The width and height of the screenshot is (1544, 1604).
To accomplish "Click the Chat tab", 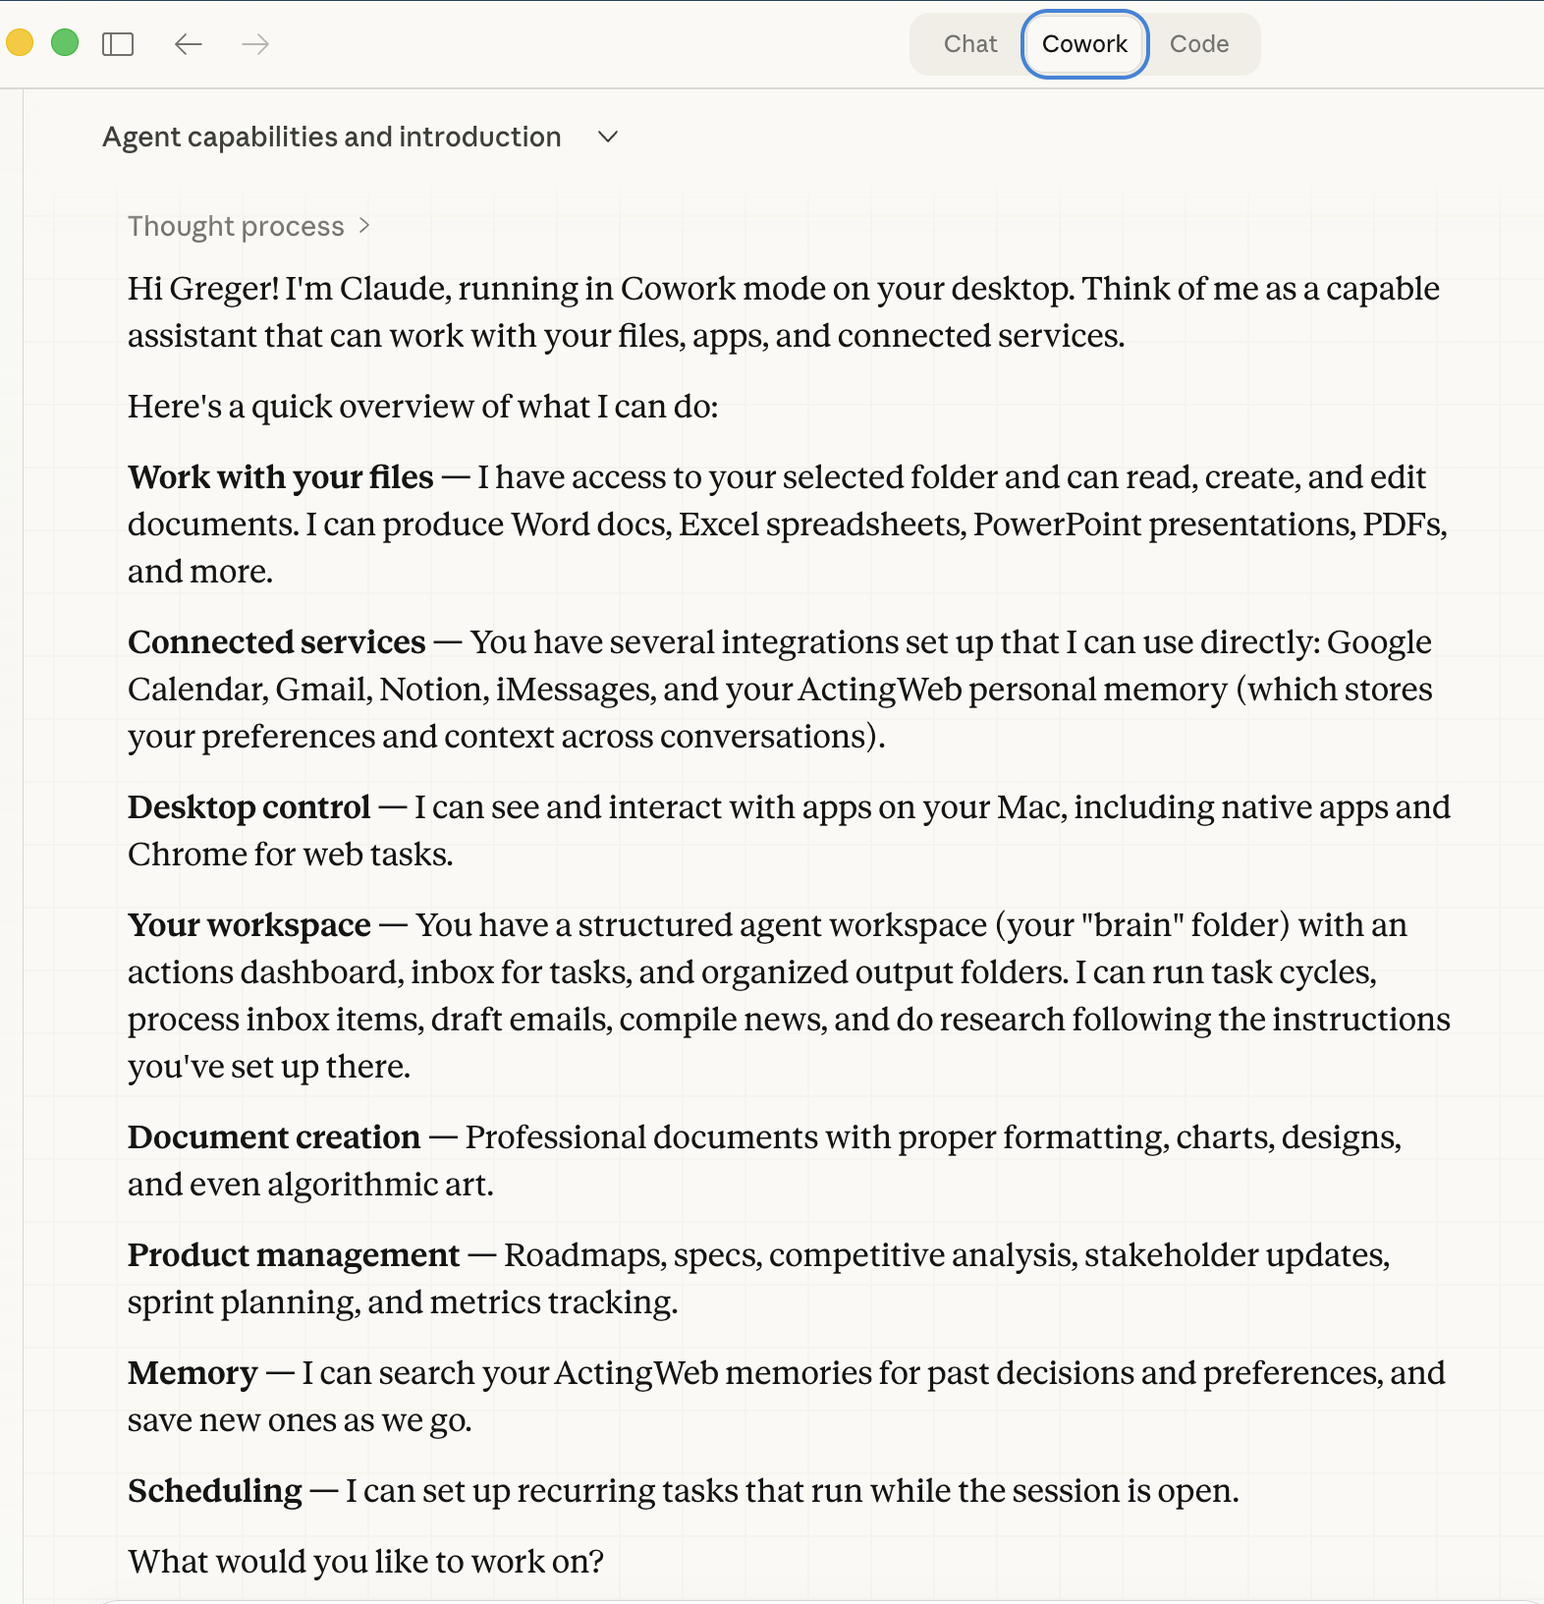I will (969, 44).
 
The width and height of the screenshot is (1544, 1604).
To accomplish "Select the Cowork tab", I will (1084, 44).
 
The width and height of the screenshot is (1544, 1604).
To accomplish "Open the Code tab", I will (1198, 44).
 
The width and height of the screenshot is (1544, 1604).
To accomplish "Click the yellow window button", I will (20, 43).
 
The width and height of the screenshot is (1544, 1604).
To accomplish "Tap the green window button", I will (65, 43).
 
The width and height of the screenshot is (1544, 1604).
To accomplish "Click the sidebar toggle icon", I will (118, 44).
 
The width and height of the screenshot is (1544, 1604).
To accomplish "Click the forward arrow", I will (255, 44).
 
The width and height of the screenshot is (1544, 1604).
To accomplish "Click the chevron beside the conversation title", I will (608, 137).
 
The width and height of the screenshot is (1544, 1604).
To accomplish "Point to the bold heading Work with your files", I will (280, 477).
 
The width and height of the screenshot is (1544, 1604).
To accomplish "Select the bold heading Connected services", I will (276, 642).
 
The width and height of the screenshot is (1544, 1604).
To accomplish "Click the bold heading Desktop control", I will (248, 807).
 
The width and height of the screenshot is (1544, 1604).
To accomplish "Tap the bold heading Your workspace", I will (248, 925).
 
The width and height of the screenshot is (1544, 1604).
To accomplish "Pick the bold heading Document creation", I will (273, 1137).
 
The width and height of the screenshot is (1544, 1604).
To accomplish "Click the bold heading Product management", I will (293, 1255).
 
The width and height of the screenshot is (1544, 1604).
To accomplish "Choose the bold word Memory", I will (193, 1373).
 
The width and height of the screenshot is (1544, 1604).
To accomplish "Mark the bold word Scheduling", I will (214, 1491).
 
